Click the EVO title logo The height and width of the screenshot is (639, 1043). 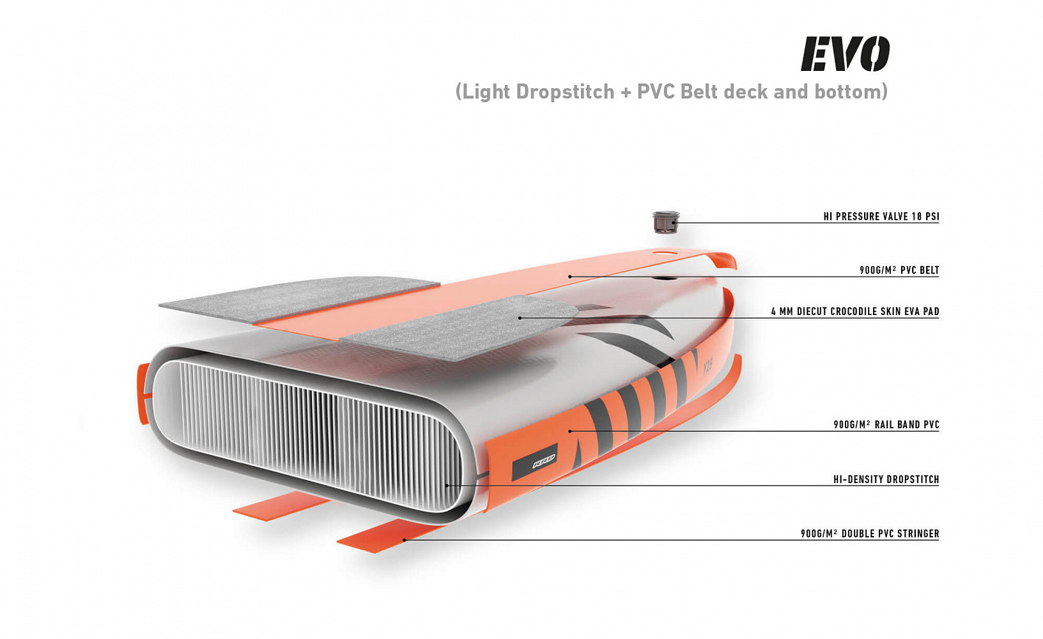[x=845, y=54]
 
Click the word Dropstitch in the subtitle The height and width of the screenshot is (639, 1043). [x=565, y=91]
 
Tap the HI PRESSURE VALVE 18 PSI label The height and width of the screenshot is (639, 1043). [x=881, y=217]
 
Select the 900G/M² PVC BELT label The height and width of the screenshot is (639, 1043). [x=899, y=270]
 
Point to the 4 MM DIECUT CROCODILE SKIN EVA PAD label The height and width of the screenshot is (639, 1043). [x=855, y=311]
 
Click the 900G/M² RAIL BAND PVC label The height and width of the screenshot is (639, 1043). [x=886, y=424]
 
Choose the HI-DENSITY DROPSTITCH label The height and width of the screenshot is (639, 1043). [x=886, y=479]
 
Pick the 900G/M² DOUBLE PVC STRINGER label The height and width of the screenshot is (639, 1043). [x=870, y=534]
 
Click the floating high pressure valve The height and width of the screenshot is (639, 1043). [x=666, y=222]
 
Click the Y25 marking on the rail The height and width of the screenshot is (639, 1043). [x=707, y=369]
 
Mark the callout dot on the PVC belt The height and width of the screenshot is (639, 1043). [x=570, y=277]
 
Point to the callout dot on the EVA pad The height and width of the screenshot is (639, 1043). [x=520, y=318]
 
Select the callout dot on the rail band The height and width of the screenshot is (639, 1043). [x=570, y=431]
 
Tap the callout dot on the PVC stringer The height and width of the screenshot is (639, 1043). [x=404, y=540]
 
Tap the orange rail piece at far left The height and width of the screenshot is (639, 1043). [x=143, y=393]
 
